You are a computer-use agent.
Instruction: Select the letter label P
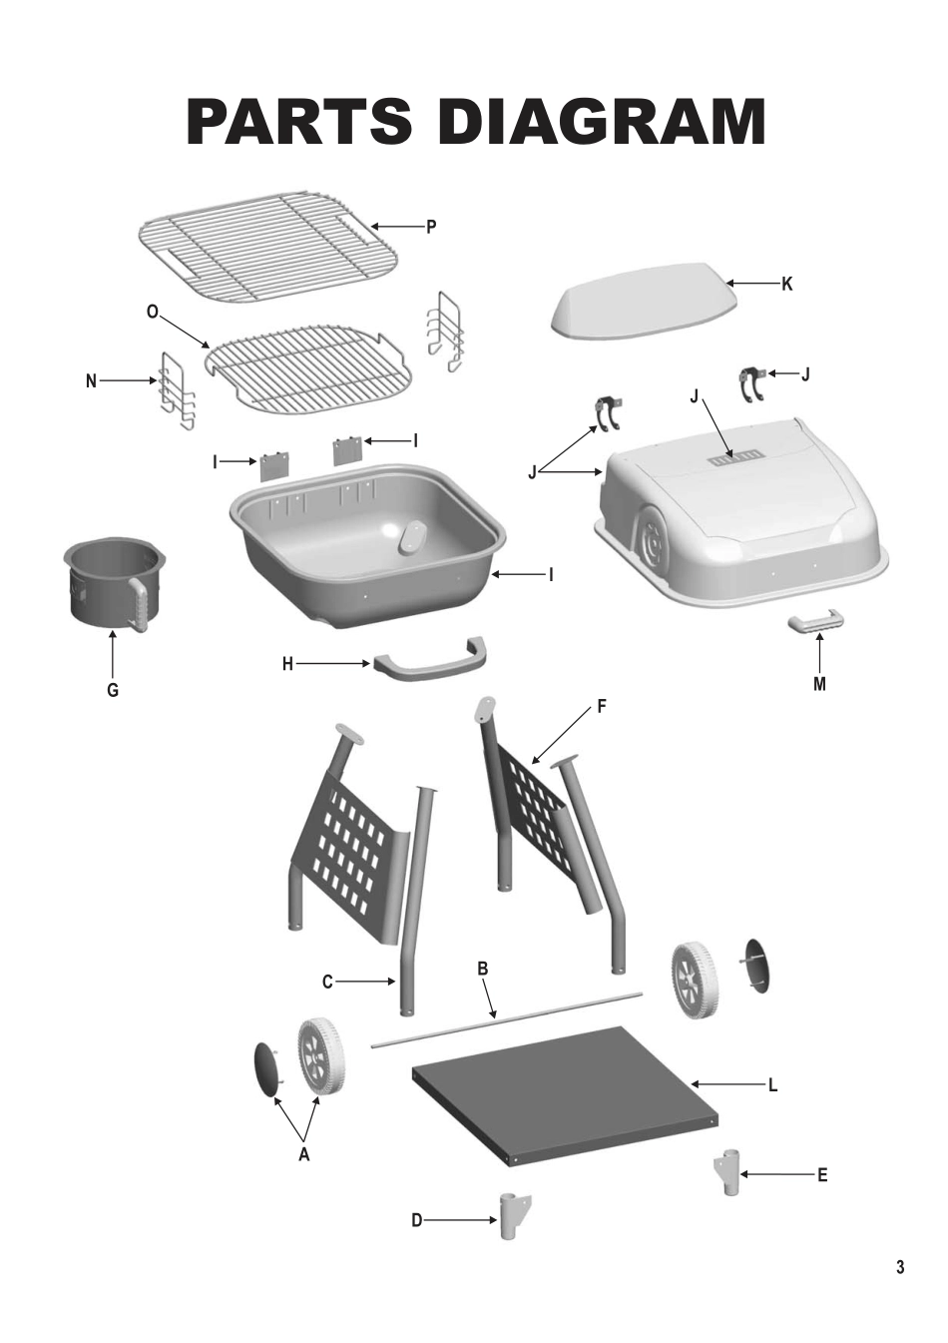(x=431, y=228)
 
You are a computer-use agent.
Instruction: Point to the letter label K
(x=786, y=285)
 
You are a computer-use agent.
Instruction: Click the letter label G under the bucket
(x=113, y=691)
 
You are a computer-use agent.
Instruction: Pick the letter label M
(x=819, y=684)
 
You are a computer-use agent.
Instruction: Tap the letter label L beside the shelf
(x=773, y=1085)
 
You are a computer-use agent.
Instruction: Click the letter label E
(x=822, y=1175)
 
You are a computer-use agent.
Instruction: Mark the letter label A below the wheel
(x=303, y=1154)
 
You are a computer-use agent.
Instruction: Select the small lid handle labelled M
(x=816, y=622)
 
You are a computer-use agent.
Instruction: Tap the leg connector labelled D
(x=514, y=1216)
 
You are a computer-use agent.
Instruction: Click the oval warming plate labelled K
(x=645, y=301)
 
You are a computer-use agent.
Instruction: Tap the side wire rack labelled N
(x=178, y=390)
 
